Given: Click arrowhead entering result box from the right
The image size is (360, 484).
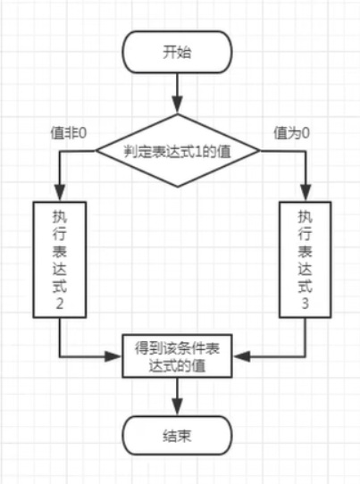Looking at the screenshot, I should click(x=240, y=355).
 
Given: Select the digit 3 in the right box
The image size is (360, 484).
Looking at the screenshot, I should click(x=305, y=305).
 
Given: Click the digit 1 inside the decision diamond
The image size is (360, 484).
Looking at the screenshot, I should click(x=206, y=151).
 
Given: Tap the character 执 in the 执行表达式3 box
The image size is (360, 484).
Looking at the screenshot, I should click(x=305, y=217).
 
